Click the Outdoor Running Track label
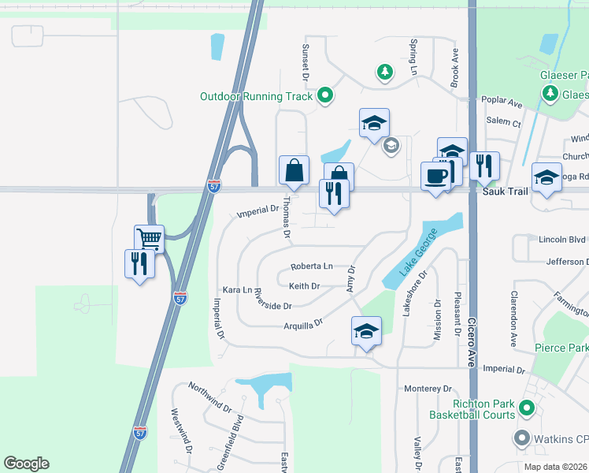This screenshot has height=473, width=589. coord(256,96)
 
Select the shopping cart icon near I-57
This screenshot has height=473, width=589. coord(149,238)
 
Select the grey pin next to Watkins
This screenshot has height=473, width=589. coord(521,438)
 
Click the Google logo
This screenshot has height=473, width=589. coord(26,464)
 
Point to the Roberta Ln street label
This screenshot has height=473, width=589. coord(311,266)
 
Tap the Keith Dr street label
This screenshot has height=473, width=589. coord(304,286)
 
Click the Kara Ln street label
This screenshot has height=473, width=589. coord(236,290)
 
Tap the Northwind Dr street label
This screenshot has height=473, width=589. coord(209,398)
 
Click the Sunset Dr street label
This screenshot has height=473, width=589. coord(306,61)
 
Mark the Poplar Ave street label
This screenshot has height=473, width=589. coord(504,103)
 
